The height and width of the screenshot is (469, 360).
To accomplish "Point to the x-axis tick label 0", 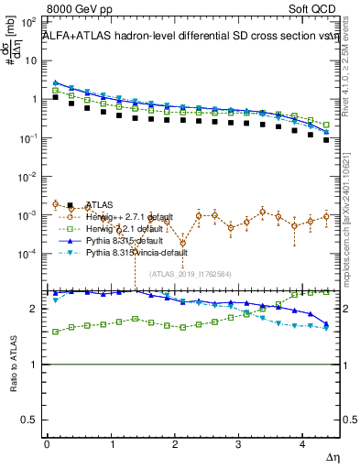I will [47, 445].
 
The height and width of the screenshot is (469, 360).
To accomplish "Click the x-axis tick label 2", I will [175, 445].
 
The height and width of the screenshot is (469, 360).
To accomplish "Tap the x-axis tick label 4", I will [303, 445].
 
